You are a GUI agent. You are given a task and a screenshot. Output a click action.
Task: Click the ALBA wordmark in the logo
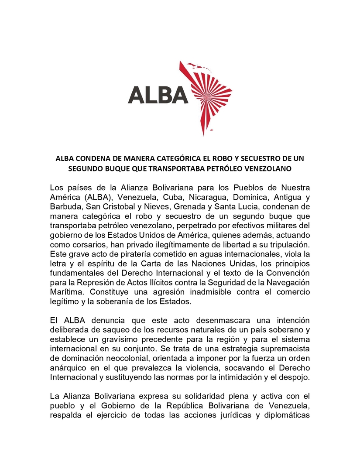[x=158, y=94]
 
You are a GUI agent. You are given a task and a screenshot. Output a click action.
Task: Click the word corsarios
[x=86, y=243]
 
